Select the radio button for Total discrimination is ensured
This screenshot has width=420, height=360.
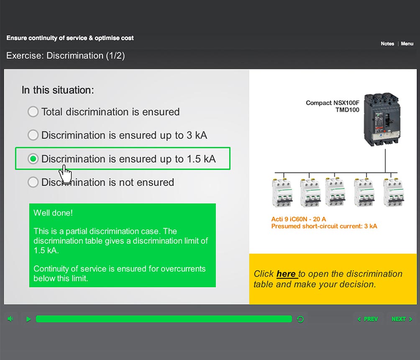[33, 112]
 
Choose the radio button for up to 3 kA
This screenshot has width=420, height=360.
[33, 135]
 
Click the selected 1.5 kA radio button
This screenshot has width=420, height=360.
[33, 159]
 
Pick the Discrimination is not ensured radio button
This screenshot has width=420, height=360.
[33, 182]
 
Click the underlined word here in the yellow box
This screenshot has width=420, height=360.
[286, 274]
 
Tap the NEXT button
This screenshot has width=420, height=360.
[402, 319]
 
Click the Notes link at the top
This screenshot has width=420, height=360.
[387, 44]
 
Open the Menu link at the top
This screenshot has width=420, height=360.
[407, 44]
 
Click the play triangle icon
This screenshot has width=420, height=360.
[28, 319]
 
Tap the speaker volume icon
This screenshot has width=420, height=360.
[10, 319]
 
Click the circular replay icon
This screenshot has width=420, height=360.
[300, 319]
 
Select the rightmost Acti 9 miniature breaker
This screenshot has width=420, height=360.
[393, 193]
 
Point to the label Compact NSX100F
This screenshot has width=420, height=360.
[333, 103]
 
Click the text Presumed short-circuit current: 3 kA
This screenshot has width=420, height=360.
[324, 226]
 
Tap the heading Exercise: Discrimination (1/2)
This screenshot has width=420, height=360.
[66, 56]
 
